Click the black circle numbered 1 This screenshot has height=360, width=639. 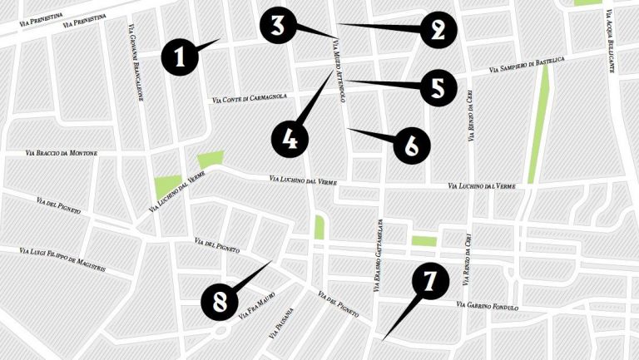(x=180, y=57)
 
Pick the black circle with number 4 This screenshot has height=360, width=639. (x=289, y=139)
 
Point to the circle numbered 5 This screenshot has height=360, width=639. (x=438, y=86)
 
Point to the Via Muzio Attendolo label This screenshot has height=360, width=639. (x=339, y=70)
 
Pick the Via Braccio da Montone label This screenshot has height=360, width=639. (x=62, y=153)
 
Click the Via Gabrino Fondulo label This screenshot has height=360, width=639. (x=488, y=308)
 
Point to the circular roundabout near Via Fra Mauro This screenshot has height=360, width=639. (x=221, y=331)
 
